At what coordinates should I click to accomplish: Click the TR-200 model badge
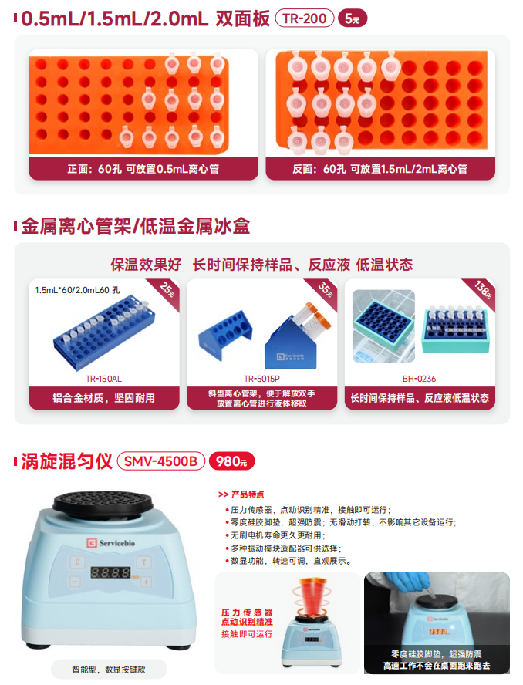coord(305,19)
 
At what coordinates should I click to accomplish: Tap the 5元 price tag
coord(353,19)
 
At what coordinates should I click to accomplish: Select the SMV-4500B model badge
coord(160,461)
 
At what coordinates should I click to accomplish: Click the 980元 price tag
coord(231,461)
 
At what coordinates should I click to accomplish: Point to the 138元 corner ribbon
coord(483,290)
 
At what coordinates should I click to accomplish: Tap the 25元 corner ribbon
coord(167,290)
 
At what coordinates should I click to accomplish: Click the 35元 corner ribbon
coord(325,290)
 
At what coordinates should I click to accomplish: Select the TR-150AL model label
coord(103,379)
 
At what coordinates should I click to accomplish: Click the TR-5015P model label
coord(261,379)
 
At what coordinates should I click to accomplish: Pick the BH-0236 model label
coord(420,379)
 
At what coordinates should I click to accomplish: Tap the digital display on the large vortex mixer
coord(110,572)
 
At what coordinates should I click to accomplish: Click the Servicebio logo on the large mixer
coord(110,543)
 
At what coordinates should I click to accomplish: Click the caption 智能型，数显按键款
coord(109,670)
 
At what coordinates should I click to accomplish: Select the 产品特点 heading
coord(241,494)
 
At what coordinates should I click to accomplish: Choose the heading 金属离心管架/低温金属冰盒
coord(136,226)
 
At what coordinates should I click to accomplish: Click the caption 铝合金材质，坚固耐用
coord(103,398)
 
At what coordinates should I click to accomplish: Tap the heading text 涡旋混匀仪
coord(66,461)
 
